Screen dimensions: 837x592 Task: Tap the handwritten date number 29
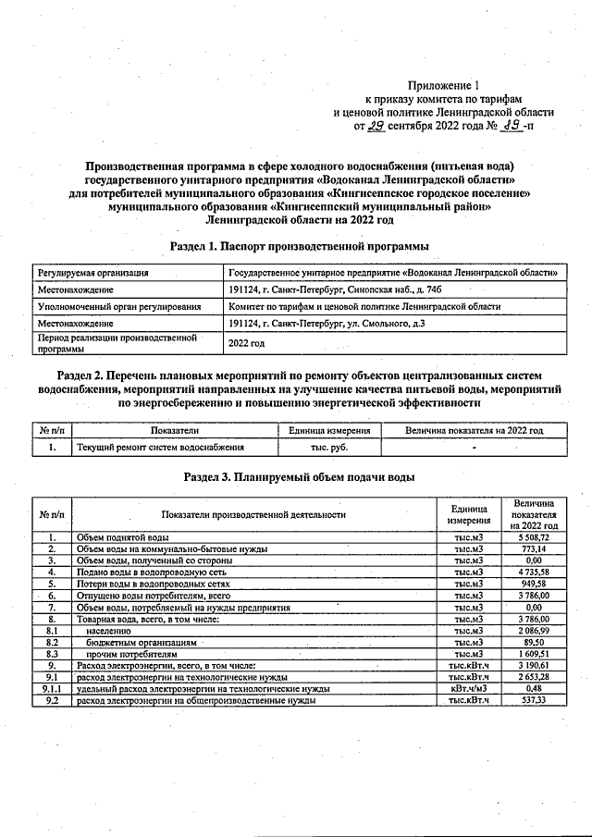376,126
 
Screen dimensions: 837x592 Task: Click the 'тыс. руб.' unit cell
329,448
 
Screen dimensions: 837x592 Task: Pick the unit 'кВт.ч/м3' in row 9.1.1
468,689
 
